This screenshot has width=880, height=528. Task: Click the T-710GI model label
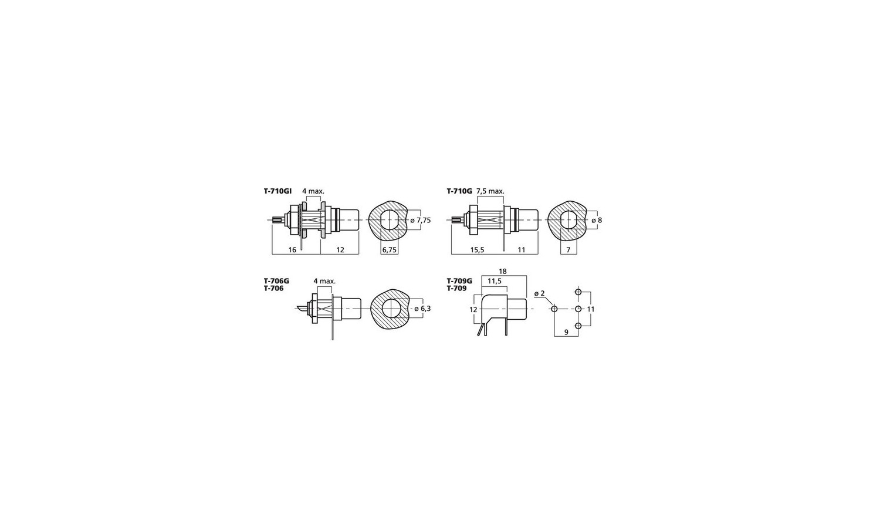click(277, 191)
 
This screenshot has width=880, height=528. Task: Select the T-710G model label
click(459, 191)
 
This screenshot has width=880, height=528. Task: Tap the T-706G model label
click(276, 281)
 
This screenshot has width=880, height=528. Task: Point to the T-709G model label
click(459, 281)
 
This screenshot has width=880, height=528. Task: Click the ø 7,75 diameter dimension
click(421, 221)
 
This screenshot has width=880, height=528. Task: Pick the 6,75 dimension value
click(390, 250)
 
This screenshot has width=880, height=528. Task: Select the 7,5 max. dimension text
click(490, 191)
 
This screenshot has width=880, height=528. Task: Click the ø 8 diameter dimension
click(597, 221)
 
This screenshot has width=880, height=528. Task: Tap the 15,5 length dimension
click(477, 250)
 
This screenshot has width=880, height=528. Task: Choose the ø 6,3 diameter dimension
click(422, 309)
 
